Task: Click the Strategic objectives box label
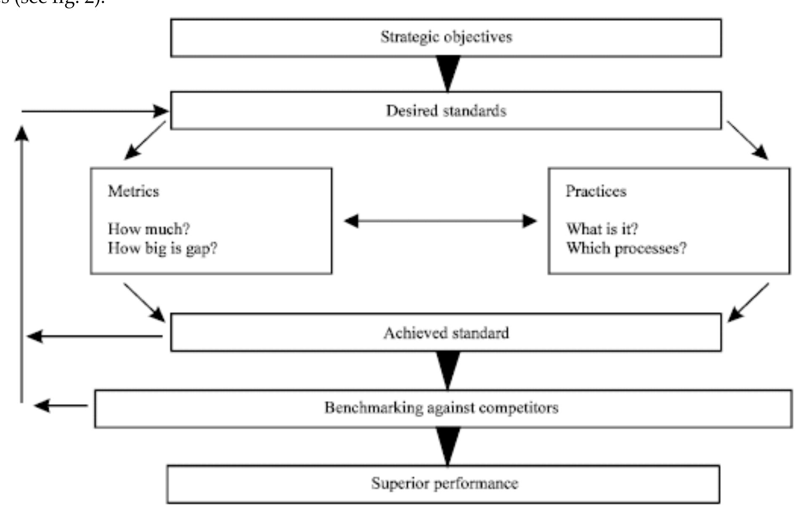(446, 37)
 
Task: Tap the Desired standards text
(446, 111)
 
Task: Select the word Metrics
(133, 191)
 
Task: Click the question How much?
(149, 229)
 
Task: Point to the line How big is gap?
(162, 248)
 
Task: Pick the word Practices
(596, 191)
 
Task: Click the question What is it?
(602, 229)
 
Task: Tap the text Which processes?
(626, 248)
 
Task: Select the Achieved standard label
(446, 333)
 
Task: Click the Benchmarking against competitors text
(441, 407)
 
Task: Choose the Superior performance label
(445, 483)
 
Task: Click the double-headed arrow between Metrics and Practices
(440, 221)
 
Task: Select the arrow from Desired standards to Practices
(748, 141)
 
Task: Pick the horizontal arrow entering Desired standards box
(95, 111)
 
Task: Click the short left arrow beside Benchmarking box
(61, 406)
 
